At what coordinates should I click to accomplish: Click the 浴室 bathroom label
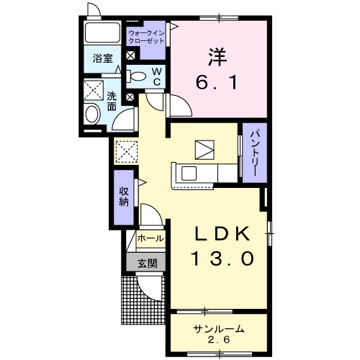[x=103, y=58]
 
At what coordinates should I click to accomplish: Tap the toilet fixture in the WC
[x=136, y=76]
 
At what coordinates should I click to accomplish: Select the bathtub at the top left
[x=103, y=32]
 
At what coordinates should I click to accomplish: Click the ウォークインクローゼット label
[x=146, y=37]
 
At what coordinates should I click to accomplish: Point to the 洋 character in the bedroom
[x=217, y=58]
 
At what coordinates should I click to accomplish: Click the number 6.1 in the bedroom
[x=217, y=82]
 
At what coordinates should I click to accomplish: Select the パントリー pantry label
[x=255, y=153]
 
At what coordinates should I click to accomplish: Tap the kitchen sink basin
[x=189, y=174]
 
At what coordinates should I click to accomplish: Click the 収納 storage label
[x=124, y=197]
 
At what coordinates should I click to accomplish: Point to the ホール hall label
[x=150, y=238]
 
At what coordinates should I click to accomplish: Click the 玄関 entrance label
[x=147, y=264]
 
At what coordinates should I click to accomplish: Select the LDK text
[x=222, y=234]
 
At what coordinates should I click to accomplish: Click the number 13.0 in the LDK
[x=222, y=258]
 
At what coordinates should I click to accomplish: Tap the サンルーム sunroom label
[x=218, y=328]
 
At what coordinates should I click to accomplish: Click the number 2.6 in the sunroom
[x=218, y=340]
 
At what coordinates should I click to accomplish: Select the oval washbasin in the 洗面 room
[x=93, y=114]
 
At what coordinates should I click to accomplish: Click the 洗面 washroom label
[x=112, y=102]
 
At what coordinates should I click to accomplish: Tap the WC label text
[x=156, y=76]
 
